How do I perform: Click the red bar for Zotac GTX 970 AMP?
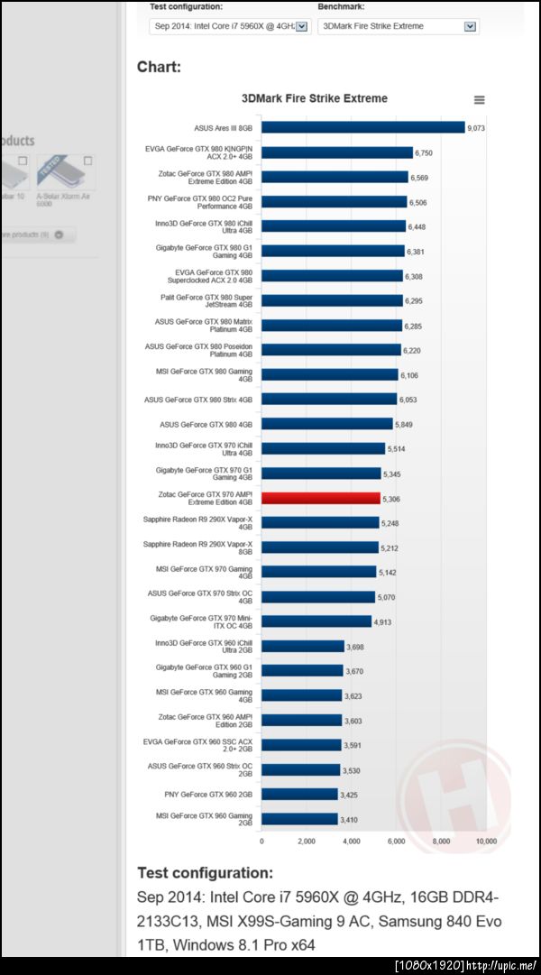pyautogui.click(x=320, y=498)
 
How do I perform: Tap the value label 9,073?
pyautogui.click(x=476, y=128)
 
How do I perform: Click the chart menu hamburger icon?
pyautogui.click(x=479, y=100)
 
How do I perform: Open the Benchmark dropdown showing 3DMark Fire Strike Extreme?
pyautogui.click(x=397, y=26)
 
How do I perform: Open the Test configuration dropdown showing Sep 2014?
pyautogui.click(x=229, y=26)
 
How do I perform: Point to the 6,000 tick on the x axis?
pyautogui.click(x=397, y=841)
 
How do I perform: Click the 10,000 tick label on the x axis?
pyautogui.click(x=486, y=841)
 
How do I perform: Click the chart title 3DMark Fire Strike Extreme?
pyautogui.click(x=315, y=98)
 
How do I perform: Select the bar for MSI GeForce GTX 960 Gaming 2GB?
pyautogui.click(x=299, y=819)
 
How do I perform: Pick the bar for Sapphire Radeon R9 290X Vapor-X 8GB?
pyautogui.click(x=319, y=547)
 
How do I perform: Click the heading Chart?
pyautogui.click(x=159, y=67)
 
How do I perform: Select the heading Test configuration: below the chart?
pyautogui.click(x=205, y=873)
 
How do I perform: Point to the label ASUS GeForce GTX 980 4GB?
pyautogui.click(x=206, y=424)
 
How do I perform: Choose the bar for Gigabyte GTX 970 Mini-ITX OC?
pyautogui.click(x=316, y=621)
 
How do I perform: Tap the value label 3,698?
pyautogui.click(x=357, y=646)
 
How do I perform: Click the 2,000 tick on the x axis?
pyautogui.click(x=307, y=841)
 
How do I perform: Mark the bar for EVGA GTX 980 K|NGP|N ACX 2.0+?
pyautogui.click(x=336, y=153)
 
